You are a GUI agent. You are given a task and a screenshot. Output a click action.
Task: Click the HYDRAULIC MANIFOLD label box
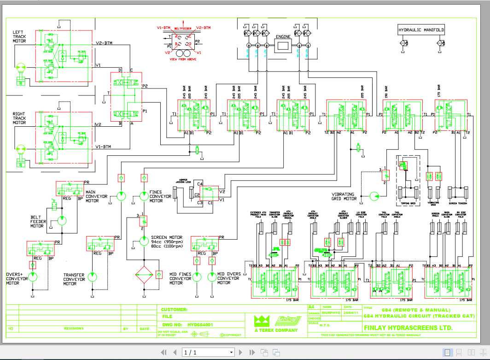point(421,30)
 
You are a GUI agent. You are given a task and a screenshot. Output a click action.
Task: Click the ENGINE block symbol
point(283,46)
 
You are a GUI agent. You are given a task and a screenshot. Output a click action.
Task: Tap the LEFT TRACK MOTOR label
point(19,36)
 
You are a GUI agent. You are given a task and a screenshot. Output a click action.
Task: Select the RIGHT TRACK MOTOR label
point(19,118)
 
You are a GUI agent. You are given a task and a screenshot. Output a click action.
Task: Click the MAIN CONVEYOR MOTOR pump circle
point(121,197)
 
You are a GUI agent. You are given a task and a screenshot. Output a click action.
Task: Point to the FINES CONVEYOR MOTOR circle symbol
point(143,197)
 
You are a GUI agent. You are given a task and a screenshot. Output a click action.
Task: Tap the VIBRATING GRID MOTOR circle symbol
point(374,196)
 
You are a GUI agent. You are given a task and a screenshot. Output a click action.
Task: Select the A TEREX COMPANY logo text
point(276,330)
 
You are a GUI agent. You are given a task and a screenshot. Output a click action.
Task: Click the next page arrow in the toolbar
point(240,353)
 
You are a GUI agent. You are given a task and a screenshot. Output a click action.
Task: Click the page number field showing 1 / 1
point(208,353)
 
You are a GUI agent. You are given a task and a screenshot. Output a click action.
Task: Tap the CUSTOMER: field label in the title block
point(175,310)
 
